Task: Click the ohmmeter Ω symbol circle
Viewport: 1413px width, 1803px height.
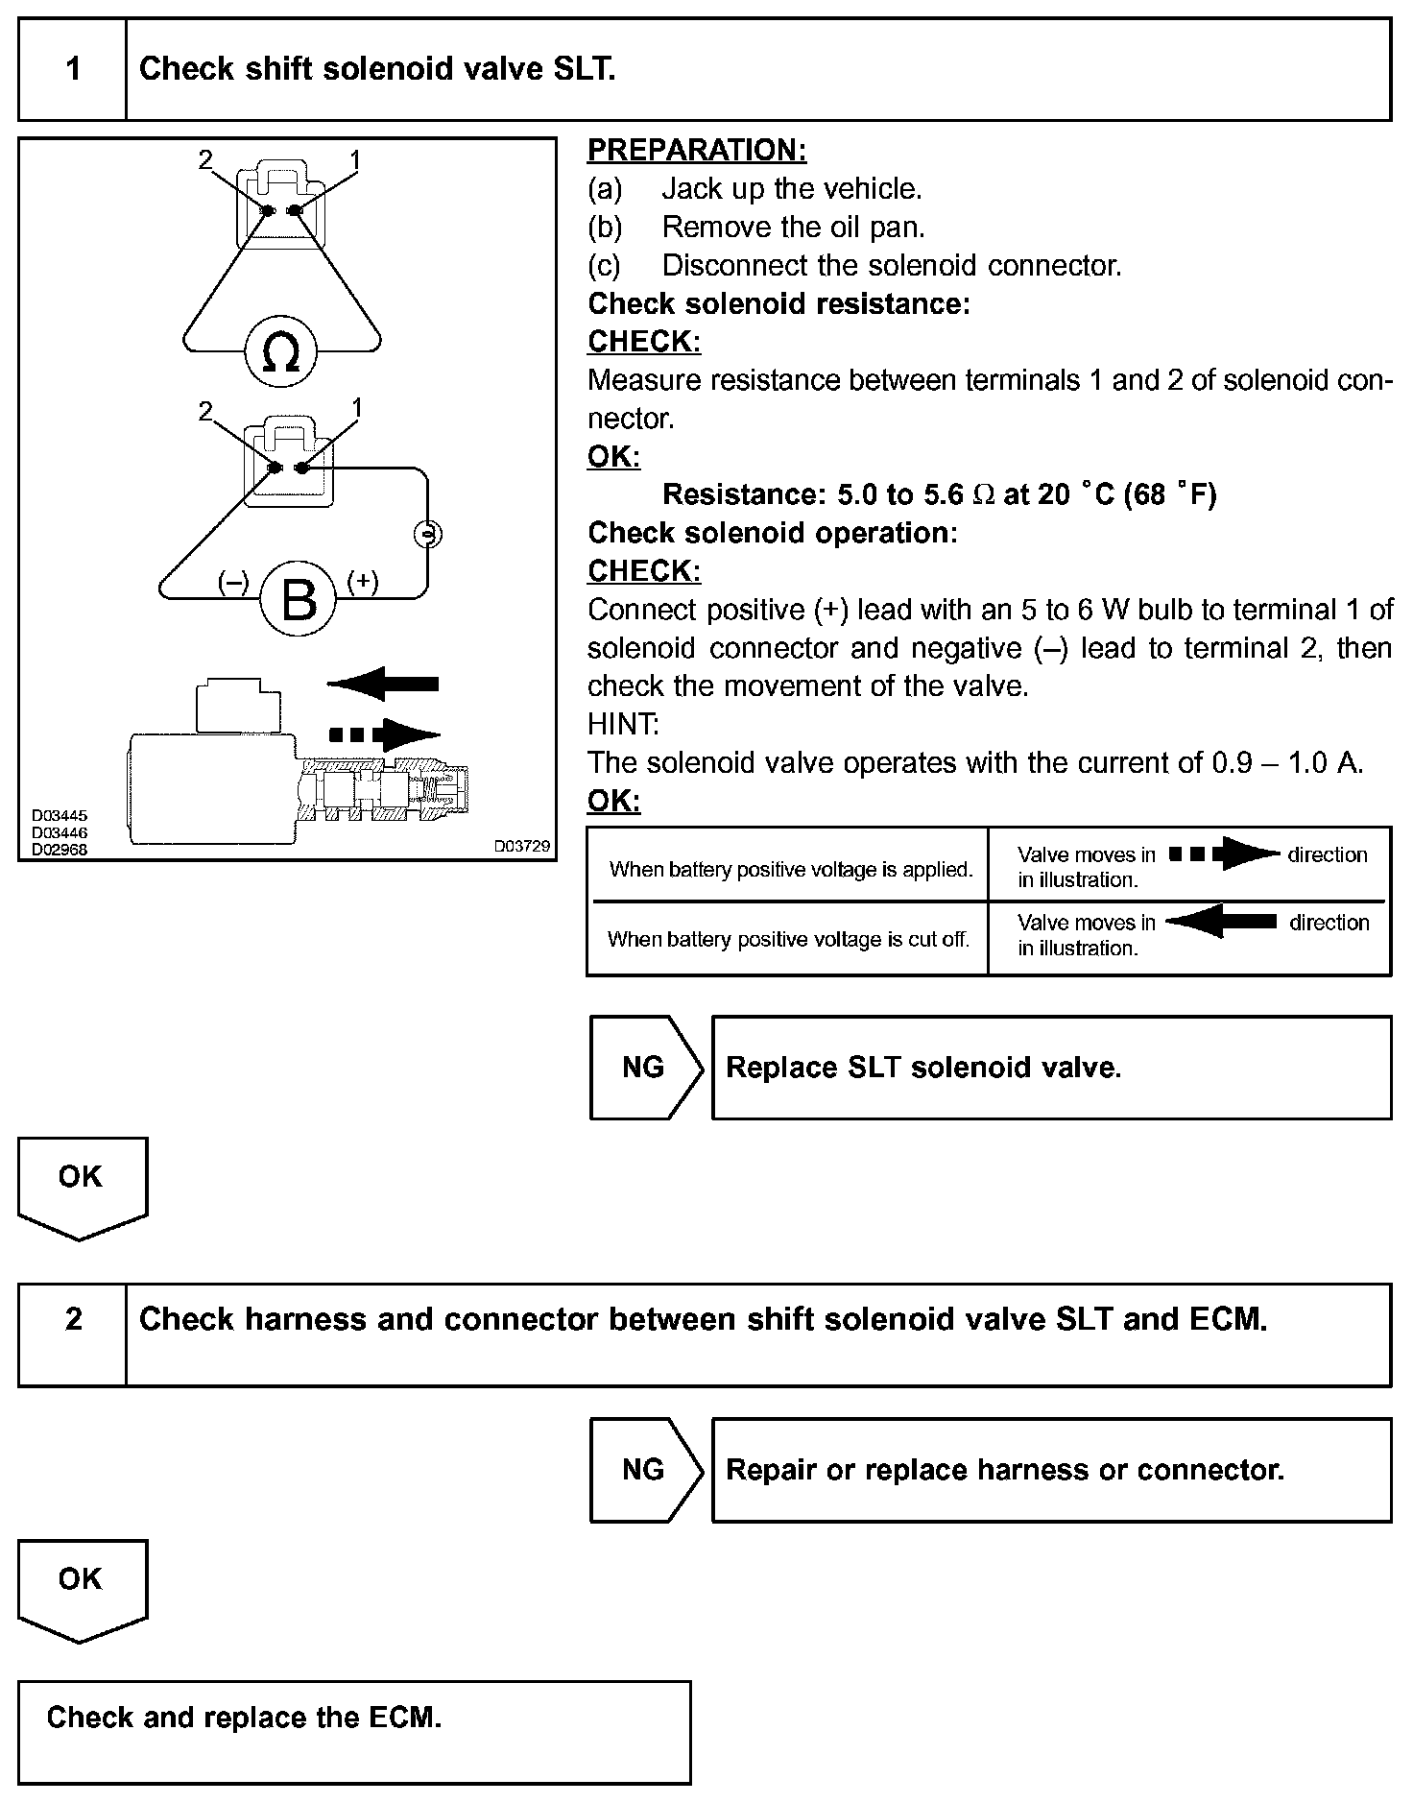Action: coord(280,352)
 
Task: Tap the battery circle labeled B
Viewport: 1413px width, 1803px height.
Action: coord(299,599)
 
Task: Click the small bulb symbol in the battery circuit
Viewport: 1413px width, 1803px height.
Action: coord(427,534)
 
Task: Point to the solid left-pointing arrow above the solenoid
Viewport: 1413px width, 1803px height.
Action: coord(383,684)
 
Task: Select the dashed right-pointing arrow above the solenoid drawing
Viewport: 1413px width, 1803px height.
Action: coord(384,735)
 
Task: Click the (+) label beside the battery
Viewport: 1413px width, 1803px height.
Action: coord(362,582)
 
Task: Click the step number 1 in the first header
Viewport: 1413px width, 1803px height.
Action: coord(73,69)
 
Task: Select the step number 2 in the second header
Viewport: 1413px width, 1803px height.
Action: coord(73,1319)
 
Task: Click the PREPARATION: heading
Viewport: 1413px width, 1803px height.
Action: coord(697,150)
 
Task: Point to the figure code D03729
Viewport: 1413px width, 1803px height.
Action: coord(522,846)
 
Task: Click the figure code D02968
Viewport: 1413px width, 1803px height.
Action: coord(60,850)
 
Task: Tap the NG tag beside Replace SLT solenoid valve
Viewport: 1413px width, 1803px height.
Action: coord(643,1068)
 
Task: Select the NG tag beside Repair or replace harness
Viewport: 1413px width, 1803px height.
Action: coord(643,1470)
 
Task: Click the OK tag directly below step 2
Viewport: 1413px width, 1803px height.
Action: coord(81,1579)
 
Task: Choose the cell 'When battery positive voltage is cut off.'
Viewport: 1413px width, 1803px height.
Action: coord(788,939)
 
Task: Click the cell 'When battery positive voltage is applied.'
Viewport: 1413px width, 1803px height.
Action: coord(791,870)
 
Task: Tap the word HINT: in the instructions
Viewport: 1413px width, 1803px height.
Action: coord(623,724)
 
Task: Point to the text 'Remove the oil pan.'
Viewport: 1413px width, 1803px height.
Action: coord(793,227)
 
